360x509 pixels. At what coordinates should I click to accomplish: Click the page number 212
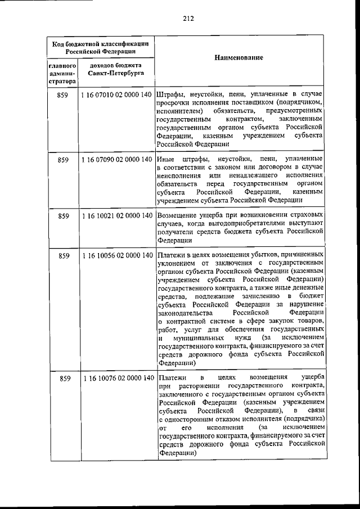pos(188,18)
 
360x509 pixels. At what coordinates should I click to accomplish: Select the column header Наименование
pos(239,58)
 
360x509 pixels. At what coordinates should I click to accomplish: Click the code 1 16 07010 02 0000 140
pos(117,96)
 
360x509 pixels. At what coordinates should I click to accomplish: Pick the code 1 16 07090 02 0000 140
pos(117,160)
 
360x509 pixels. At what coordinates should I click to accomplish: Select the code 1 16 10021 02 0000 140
pos(117,215)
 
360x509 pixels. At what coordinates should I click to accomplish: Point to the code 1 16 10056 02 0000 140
pos(117,255)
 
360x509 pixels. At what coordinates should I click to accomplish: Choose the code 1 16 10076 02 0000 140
pos(117,378)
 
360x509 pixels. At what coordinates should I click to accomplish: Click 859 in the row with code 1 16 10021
pos(62,215)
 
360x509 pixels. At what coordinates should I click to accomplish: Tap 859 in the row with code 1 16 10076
pos(62,378)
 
